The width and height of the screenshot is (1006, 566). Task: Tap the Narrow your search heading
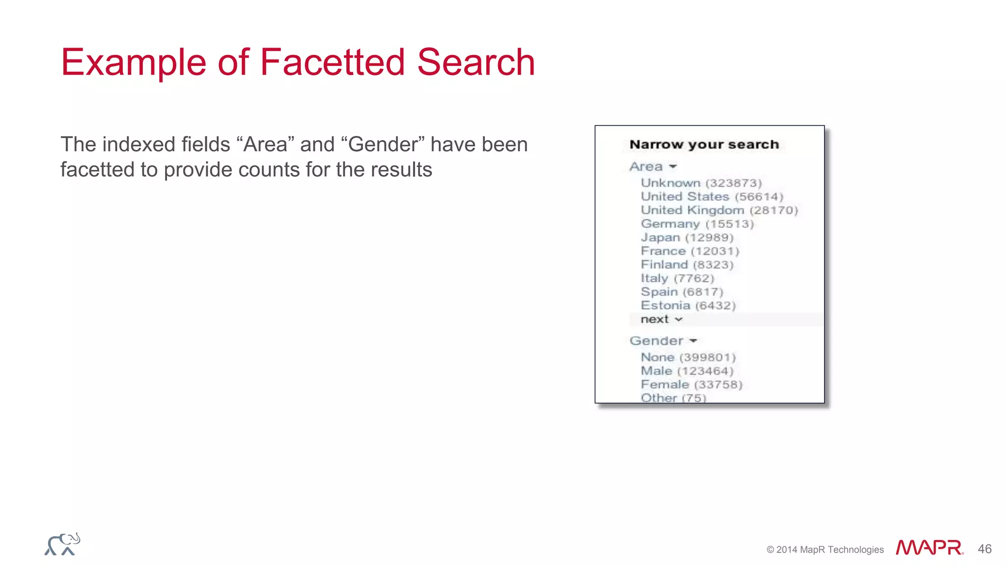(704, 144)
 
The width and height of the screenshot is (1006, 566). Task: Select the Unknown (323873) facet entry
(701, 183)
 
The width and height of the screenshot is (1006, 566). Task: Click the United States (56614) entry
(712, 197)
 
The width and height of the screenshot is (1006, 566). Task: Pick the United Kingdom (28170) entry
(719, 210)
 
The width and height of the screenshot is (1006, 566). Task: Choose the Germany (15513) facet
(697, 224)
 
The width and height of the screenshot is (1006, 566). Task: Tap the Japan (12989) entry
(687, 238)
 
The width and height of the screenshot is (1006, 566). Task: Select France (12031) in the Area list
(690, 251)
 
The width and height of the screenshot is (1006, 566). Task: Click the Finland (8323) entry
(687, 265)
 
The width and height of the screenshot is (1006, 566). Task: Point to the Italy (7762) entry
(677, 279)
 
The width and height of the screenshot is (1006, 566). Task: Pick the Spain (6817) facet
(682, 292)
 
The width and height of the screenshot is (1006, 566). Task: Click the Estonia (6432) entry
(688, 306)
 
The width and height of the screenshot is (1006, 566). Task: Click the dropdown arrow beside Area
(673, 167)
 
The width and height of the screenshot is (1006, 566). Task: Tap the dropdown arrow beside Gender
(693, 340)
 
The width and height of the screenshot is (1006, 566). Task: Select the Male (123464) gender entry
(687, 371)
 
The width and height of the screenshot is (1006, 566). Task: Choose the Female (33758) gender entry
(691, 385)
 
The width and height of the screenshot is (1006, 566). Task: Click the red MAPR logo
(929, 548)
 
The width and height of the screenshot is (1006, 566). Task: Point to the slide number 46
(984, 549)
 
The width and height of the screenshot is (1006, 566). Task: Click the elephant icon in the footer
(62, 544)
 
